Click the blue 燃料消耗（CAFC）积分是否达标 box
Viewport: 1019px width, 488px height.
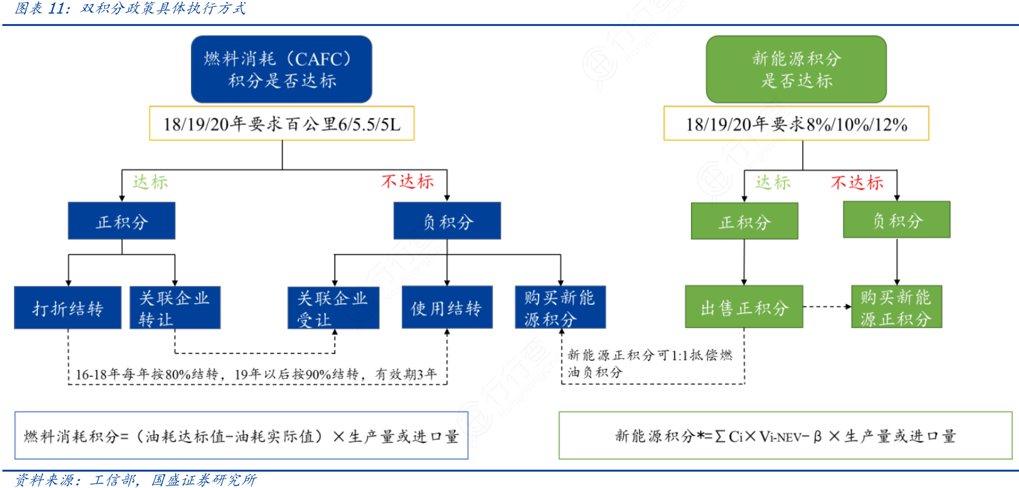(281, 70)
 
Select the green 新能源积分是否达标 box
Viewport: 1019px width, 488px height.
(796, 70)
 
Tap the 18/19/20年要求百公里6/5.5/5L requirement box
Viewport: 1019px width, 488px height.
(281, 123)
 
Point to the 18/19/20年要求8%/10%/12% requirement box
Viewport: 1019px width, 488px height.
(796, 123)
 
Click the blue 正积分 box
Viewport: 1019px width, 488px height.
(121, 221)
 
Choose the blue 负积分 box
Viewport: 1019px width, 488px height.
(447, 221)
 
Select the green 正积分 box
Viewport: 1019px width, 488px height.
(744, 221)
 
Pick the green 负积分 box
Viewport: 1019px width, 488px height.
(896, 220)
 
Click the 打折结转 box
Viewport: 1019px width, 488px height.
(68, 308)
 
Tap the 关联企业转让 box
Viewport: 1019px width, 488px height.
(175, 308)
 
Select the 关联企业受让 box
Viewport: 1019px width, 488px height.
(333, 308)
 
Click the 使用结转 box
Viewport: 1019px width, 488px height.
(447, 308)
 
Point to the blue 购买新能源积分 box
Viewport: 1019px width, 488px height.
(560, 308)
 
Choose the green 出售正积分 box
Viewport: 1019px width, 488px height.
(744, 307)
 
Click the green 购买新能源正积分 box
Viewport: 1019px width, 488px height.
(896, 307)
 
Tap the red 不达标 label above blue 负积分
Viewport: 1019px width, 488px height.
(408, 182)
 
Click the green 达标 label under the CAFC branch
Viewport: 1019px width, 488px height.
(150, 182)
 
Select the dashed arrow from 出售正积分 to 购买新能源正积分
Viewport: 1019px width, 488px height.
(827, 307)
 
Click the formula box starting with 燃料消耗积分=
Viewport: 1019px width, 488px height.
(241, 436)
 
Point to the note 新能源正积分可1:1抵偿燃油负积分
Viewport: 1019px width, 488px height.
(649, 363)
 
